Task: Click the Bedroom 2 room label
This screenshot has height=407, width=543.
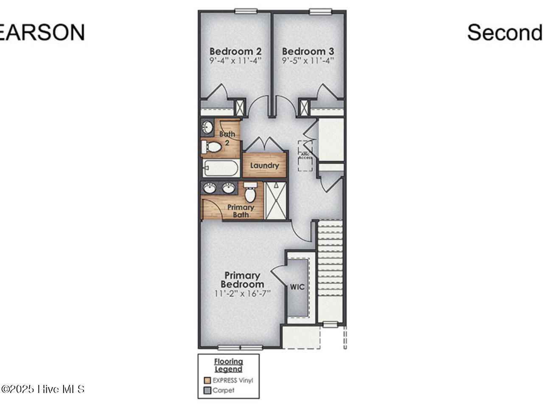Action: [x=235, y=51]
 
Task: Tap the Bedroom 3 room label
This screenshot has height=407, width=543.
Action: [x=308, y=51]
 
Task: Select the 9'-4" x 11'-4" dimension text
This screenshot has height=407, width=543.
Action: [x=235, y=61]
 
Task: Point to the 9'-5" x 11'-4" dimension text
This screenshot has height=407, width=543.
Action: [x=308, y=61]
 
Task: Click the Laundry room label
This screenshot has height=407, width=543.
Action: [x=264, y=165]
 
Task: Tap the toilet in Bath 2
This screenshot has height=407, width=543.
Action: [x=212, y=147]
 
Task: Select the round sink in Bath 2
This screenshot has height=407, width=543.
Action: [x=207, y=127]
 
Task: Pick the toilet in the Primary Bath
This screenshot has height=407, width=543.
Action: [x=250, y=193]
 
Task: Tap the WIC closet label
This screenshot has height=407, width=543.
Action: [x=297, y=287]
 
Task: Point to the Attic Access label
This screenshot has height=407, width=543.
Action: [x=305, y=156]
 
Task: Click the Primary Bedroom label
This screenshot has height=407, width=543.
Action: [x=242, y=280]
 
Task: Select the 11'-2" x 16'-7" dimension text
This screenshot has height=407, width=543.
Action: [x=242, y=293]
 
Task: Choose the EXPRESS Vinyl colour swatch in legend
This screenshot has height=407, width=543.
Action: [x=207, y=380]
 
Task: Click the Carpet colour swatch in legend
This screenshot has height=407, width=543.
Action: [x=207, y=390]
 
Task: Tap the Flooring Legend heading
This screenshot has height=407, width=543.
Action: [x=228, y=365]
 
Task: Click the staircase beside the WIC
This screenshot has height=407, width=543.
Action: [x=330, y=271]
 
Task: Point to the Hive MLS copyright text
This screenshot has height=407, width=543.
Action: [x=42, y=389]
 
